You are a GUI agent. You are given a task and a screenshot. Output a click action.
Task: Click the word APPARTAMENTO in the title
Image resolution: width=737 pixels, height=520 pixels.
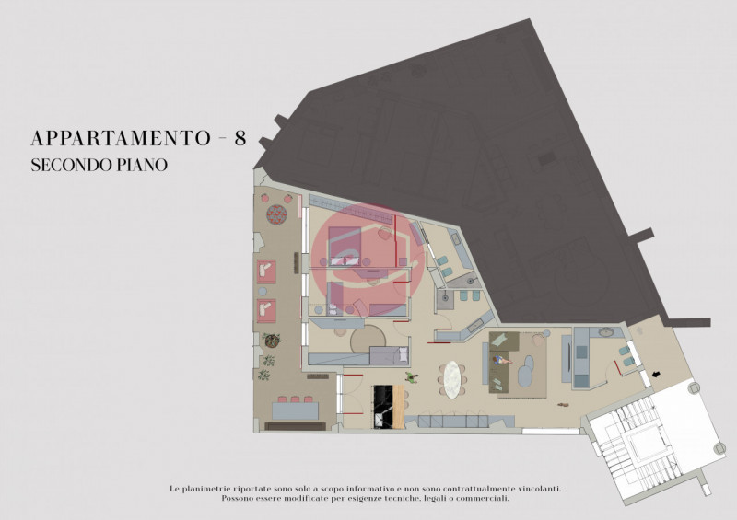click(121, 139)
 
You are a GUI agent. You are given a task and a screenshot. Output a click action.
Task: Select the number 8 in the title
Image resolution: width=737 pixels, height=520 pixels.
click(240, 139)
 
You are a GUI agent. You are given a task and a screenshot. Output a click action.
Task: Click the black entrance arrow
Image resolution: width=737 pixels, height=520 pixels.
click(656, 374)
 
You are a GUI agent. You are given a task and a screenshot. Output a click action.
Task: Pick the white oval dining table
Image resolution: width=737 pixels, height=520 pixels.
click(451, 379)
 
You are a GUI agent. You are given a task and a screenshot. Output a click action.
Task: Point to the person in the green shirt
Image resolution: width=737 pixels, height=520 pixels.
click(412, 377)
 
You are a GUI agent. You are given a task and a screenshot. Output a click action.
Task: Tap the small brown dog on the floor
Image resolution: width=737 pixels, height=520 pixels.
click(563, 404)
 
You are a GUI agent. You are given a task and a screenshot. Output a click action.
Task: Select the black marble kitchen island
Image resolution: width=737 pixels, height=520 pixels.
click(383, 406)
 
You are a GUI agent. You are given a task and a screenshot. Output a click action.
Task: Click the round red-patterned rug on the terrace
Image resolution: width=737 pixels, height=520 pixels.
click(277, 214)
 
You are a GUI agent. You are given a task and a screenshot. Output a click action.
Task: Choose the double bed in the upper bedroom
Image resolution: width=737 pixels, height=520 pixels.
click(345, 246)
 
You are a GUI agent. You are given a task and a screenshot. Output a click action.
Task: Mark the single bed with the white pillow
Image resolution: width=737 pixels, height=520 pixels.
click(389, 355)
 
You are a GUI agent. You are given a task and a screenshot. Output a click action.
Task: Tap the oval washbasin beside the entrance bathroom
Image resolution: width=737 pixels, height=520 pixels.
click(606, 332)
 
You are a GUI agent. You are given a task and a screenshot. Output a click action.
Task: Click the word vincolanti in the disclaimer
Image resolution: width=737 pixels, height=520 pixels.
click(540, 489)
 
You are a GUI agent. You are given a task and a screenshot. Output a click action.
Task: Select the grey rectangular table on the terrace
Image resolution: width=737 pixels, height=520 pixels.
click(296, 410)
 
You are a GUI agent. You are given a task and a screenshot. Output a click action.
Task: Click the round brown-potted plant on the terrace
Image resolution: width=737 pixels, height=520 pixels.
click(271, 341)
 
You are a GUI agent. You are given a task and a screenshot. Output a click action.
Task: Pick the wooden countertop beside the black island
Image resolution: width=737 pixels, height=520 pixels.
click(399, 406)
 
